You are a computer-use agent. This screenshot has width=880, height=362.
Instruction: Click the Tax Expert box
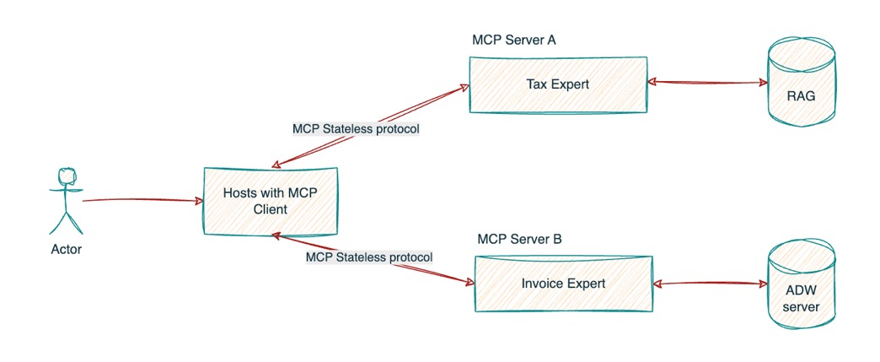pos(558,84)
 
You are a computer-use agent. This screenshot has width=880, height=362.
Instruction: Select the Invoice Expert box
pos(564,284)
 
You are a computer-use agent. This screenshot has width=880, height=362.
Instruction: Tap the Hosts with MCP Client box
pos(271,201)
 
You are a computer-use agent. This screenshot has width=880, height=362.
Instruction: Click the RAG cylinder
pos(802,84)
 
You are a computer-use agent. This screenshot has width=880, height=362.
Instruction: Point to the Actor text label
pos(67,250)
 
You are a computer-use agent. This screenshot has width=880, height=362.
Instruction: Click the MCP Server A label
pos(514,40)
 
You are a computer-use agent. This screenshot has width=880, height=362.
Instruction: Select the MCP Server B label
pos(519,239)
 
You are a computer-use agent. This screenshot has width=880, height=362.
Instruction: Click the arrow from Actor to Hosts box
pos(143,201)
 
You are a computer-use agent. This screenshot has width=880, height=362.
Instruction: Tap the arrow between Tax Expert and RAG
pos(707,83)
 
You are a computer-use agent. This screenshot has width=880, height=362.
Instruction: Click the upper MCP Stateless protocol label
pos(356,130)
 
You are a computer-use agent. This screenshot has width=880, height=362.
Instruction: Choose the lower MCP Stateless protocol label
pos(369,257)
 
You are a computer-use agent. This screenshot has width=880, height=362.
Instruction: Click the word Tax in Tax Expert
pos(537,84)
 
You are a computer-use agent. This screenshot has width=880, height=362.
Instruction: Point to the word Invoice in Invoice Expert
pos(544,284)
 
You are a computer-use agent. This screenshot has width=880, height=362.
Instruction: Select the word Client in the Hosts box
pos(269,209)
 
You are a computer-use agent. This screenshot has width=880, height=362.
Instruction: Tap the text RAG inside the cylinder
pos(801,95)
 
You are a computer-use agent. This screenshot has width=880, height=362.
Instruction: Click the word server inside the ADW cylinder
pos(801,306)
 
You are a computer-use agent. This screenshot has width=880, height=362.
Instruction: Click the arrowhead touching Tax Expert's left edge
pos(464,85)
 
